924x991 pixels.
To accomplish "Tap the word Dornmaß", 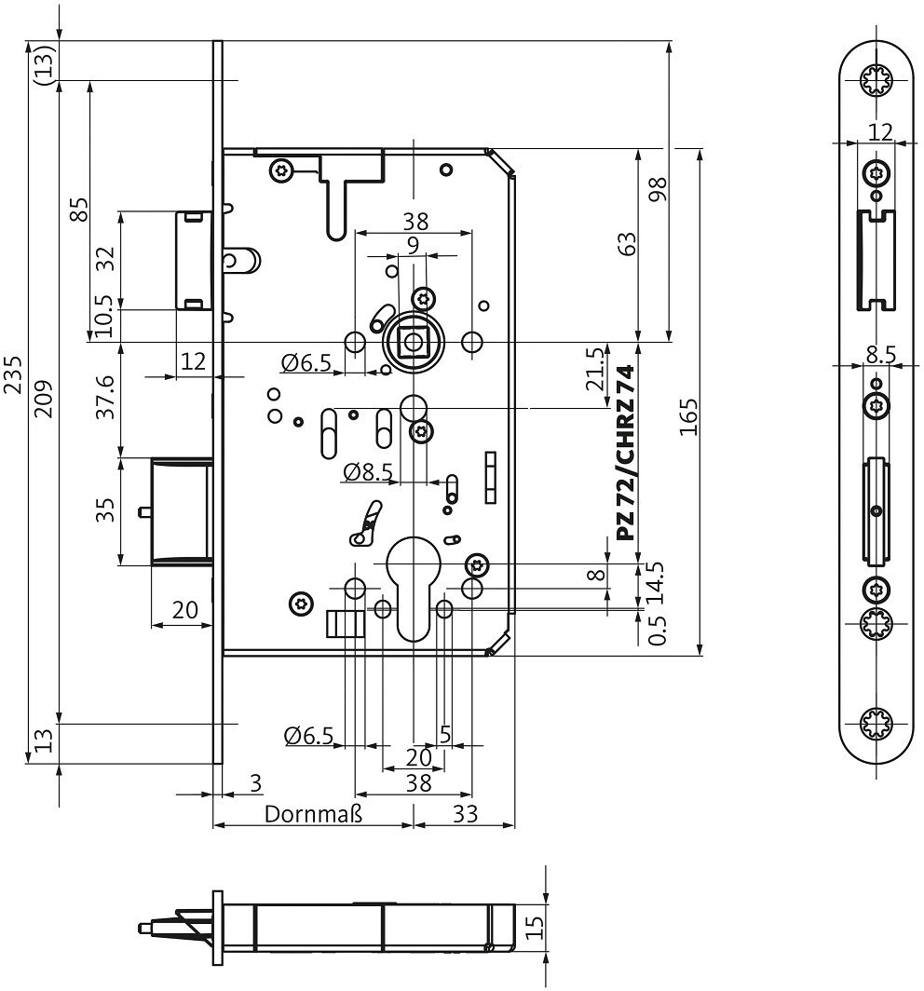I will coord(313,813).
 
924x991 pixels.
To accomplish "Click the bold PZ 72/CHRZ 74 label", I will coord(626,453).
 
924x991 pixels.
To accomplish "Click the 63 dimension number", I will coord(628,245).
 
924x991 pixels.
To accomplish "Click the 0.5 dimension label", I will coord(658,631).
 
